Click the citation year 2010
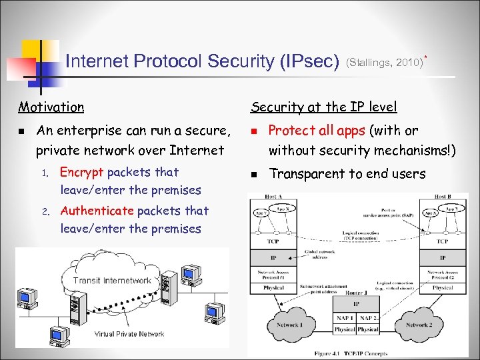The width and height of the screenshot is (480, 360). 408,63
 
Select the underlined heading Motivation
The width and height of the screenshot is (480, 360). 51,107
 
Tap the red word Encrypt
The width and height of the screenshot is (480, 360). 82,172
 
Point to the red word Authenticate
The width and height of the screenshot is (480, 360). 97,211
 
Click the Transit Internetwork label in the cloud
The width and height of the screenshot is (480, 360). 112,281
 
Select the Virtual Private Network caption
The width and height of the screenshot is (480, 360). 129,334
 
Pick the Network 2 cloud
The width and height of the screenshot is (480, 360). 417,325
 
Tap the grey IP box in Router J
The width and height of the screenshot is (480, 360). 356,303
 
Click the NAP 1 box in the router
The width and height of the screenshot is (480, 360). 345,317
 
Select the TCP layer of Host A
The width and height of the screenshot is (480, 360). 274,241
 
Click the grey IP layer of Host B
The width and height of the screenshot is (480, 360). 443,257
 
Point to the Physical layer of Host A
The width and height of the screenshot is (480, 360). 274,288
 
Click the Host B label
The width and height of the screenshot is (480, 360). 443,197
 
